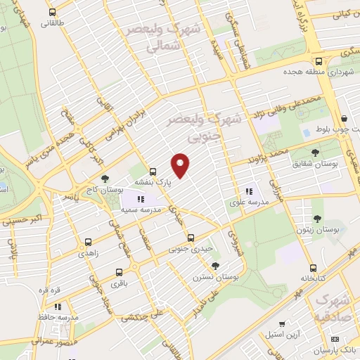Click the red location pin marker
click(x=181, y=165)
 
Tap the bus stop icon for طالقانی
click(x=53, y=13)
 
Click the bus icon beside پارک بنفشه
click(x=153, y=171)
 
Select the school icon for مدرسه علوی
click(x=248, y=191)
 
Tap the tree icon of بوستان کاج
click(x=105, y=179)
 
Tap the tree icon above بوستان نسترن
click(x=215, y=265)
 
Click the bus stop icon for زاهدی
click(x=87, y=240)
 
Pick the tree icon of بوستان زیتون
click(x=318, y=218)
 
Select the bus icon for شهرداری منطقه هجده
click(x=319, y=61)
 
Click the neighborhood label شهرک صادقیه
click(x=331, y=308)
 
